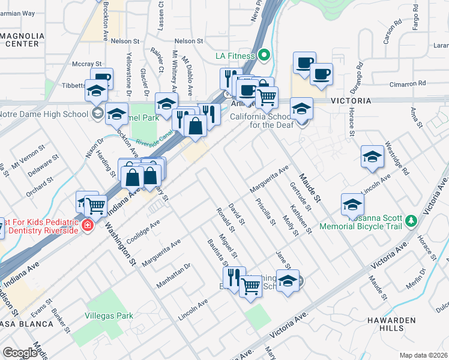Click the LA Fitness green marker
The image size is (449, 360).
pyautogui.click(x=265, y=56)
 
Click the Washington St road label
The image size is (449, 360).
pyautogui.click(x=121, y=243)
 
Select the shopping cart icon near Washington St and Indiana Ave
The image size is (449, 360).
pyautogui.click(x=96, y=206)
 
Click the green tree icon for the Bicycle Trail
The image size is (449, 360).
pyautogui.click(x=411, y=221)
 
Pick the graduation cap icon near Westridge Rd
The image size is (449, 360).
pyautogui.click(x=373, y=157)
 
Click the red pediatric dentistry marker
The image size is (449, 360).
pyautogui.click(x=88, y=226)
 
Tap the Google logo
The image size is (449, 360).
pyautogui.click(x=20, y=353)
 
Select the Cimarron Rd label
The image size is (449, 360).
pyautogui.click(x=406, y=83)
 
